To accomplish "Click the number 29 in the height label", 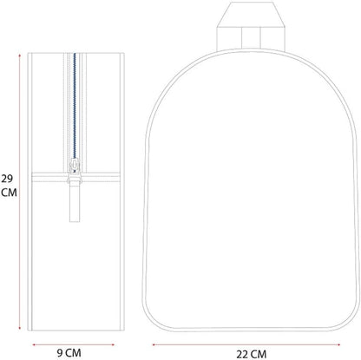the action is click(7, 179).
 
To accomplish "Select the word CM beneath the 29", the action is click(9, 193).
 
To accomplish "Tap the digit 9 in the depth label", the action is click(60, 353).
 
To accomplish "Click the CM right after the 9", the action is click(73, 353).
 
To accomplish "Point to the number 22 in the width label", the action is click(242, 354).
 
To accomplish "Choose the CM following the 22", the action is click(259, 354).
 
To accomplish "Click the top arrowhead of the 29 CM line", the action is click(20, 55).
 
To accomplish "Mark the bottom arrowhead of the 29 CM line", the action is click(20, 328).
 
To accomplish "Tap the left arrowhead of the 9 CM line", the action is click(34, 344).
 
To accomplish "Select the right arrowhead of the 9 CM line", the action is click(113, 344).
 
